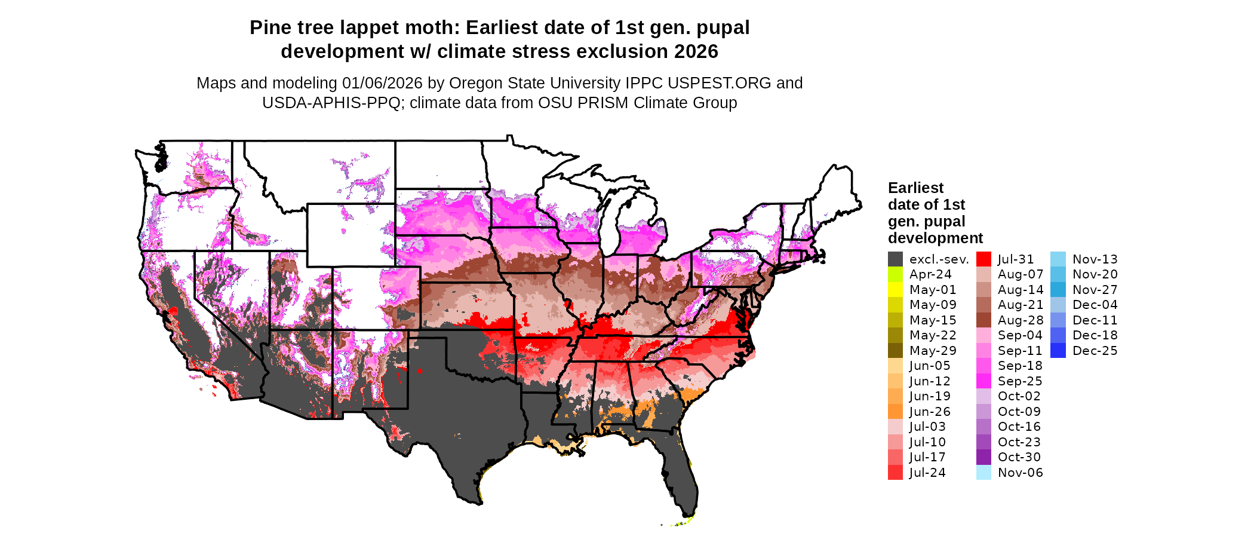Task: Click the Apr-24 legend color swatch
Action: [x=895, y=274]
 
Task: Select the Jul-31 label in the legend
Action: [x=1016, y=259]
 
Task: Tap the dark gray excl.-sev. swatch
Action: [x=895, y=259]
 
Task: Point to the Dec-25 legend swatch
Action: [x=1058, y=351]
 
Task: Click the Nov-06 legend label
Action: [x=1020, y=473]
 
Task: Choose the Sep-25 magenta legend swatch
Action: [x=983, y=381]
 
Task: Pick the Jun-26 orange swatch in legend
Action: [x=895, y=412]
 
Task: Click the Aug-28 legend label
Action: [x=1020, y=320]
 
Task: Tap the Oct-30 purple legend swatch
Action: [x=983, y=457]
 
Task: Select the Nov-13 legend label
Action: [x=1095, y=259]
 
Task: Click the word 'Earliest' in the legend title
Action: [x=915, y=188]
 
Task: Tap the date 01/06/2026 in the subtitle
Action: [x=382, y=83]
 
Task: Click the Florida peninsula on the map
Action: [x=684, y=478]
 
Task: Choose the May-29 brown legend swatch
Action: [x=895, y=351]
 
